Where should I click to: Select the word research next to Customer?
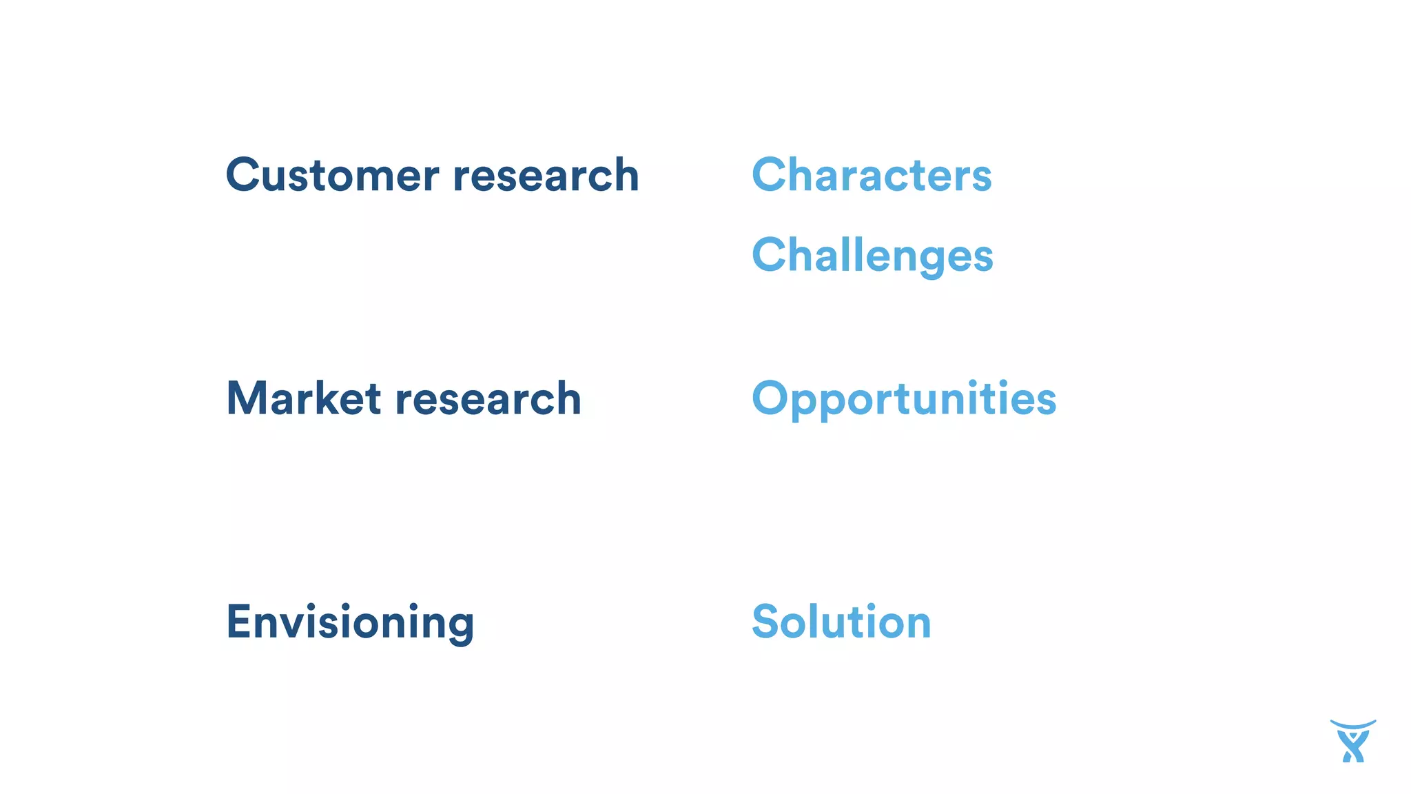pyautogui.click(x=546, y=175)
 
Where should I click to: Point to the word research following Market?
pyautogui.click(x=488, y=398)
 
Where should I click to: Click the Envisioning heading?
pyautogui.click(x=350, y=622)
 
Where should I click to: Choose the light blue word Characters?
pyautogui.click(x=872, y=175)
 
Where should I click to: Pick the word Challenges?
pyautogui.click(x=872, y=256)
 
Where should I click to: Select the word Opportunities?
pyautogui.click(x=904, y=400)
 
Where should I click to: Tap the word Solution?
pyautogui.click(x=841, y=622)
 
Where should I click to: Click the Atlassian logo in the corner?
pyautogui.click(x=1352, y=741)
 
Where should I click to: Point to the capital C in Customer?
pyautogui.click(x=245, y=175)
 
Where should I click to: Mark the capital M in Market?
pyautogui.click(x=247, y=398)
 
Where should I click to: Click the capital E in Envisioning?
pyautogui.click(x=237, y=622)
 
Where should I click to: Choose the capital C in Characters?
pyautogui.click(x=770, y=175)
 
